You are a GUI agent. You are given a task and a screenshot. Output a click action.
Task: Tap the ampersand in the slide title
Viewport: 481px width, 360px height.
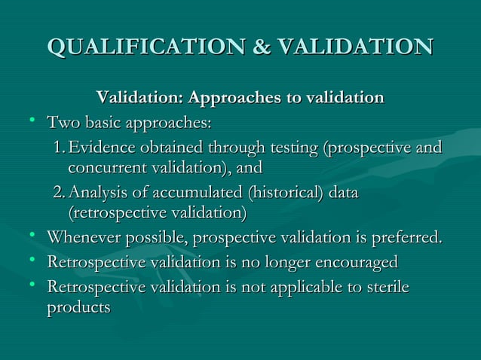click(x=261, y=47)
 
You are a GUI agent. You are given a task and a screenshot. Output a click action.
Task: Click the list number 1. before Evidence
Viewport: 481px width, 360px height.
click(x=60, y=148)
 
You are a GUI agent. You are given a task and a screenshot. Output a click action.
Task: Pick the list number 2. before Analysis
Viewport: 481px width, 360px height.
click(x=60, y=194)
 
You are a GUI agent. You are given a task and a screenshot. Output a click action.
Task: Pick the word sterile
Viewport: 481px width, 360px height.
click(x=389, y=288)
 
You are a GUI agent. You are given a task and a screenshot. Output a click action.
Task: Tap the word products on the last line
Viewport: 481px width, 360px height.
click(x=78, y=308)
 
